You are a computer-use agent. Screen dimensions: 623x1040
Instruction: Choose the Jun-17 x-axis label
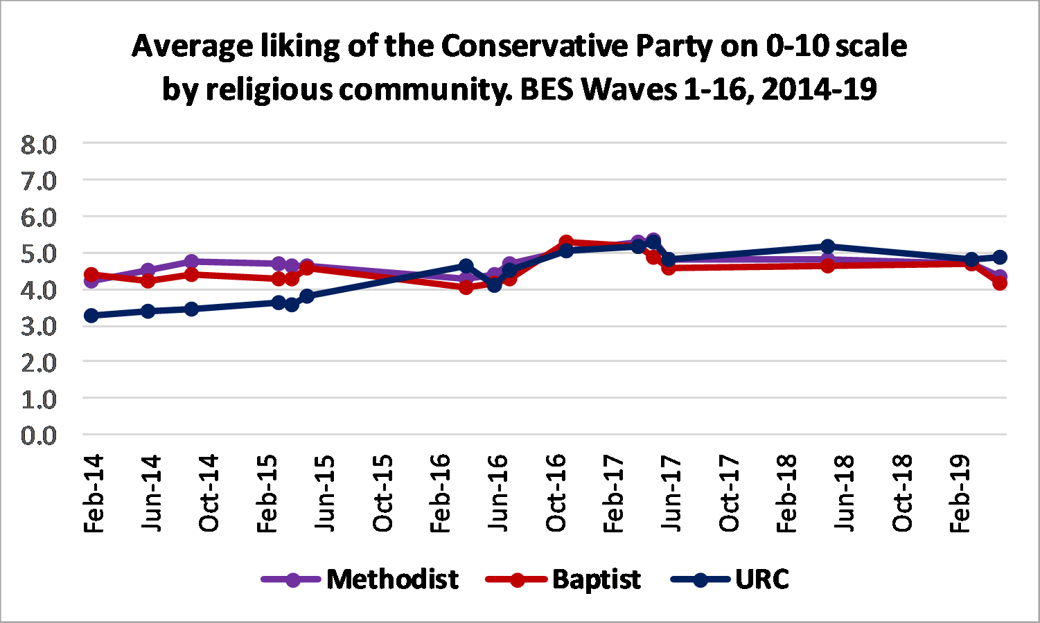pyautogui.click(x=671, y=493)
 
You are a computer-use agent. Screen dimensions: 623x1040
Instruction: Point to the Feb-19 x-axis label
pyautogui.click(x=960, y=493)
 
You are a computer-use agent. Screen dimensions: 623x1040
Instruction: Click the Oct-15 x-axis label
pyautogui.click(x=382, y=493)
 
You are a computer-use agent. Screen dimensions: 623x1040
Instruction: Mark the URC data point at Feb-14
pyautogui.click(x=91, y=316)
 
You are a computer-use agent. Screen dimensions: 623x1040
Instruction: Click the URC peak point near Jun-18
pyautogui.click(x=827, y=246)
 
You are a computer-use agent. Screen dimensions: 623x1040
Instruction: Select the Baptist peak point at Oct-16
pyautogui.click(x=566, y=242)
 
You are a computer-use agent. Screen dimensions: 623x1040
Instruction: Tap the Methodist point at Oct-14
pyautogui.click(x=192, y=262)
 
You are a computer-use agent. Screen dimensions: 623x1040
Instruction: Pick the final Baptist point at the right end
pyautogui.click(x=1000, y=283)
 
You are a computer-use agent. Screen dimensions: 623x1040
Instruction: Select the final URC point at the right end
pyautogui.click(x=1000, y=257)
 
